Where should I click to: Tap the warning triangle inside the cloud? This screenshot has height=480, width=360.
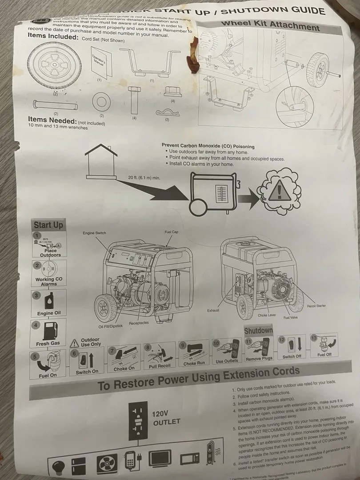click(279, 192)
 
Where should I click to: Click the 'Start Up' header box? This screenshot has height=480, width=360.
click(48, 225)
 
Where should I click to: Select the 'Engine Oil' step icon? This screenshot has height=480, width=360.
click(49, 302)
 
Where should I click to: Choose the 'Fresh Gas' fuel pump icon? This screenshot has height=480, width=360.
click(49, 331)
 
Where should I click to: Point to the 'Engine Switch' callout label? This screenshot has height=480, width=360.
click(94, 233)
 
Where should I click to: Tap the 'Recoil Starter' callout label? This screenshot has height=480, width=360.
click(316, 306)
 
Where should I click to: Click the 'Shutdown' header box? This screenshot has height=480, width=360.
click(258, 331)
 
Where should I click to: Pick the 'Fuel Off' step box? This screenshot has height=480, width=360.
click(324, 346)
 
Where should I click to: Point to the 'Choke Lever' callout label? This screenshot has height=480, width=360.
click(267, 315)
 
